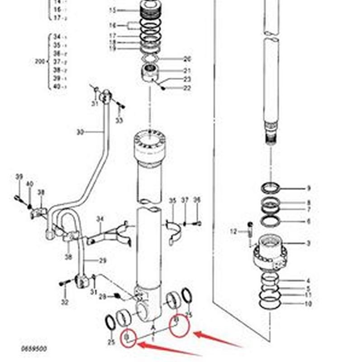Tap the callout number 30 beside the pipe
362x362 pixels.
click(80, 132)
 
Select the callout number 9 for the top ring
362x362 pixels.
click(309, 188)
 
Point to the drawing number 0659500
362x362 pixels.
click(34, 349)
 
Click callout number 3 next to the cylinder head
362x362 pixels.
click(309, 243)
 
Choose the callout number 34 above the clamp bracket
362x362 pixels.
click(100, 219)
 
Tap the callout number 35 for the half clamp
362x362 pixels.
click(172, 200)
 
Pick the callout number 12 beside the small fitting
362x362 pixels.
click(233, 232)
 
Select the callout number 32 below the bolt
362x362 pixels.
click(65, 302)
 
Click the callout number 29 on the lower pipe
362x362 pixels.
click(103, 261)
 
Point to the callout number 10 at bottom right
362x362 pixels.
click(309, 304)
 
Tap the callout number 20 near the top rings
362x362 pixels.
click(187, 59)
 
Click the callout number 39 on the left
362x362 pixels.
click(19, 176)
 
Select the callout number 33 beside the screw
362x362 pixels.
click(119, 120)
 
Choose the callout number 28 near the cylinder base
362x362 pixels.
click(103, 296)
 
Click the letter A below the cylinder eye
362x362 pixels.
click(153, 327)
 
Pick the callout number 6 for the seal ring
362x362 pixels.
click(309, 221)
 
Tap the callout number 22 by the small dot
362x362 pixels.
click(187, 88)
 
